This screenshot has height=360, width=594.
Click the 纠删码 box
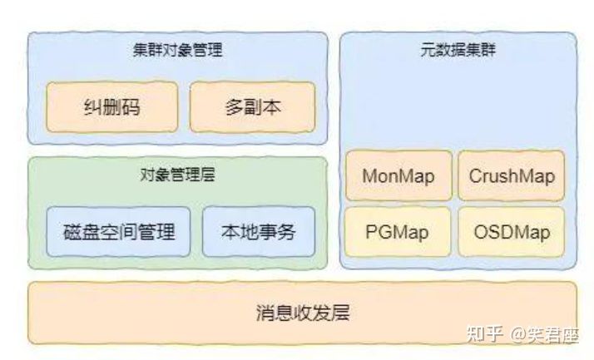point(111,106)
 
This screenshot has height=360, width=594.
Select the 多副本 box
point(252,106)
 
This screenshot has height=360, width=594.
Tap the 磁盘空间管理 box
point(119,231)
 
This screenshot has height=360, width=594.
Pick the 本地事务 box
point(259,231)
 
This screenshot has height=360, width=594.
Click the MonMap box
point(398,176)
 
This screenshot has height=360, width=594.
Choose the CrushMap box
point(511,176)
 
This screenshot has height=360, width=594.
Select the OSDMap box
point(511,231)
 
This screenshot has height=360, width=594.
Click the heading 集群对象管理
point(177,50)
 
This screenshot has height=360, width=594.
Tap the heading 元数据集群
point(458,50)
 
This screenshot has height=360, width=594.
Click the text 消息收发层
point(302,313)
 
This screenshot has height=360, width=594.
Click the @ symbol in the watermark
point(518,335)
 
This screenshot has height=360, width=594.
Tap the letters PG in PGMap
point(379,231)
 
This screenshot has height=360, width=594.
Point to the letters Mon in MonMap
point(381,176)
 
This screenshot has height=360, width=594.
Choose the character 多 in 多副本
point(234,106)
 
